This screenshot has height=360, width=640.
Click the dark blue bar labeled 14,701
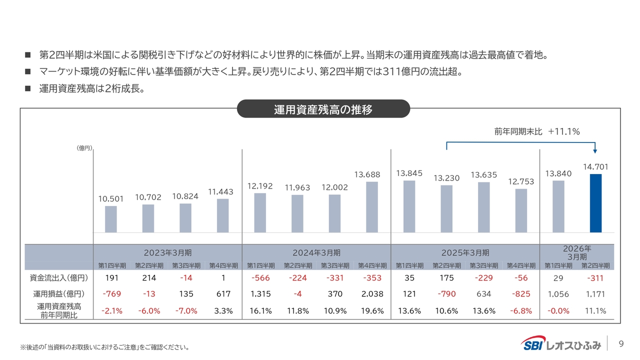[595, 203]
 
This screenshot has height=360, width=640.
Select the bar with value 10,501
[111, 219]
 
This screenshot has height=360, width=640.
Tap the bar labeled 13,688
[371, 207]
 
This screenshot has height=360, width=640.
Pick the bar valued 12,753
[521, 210]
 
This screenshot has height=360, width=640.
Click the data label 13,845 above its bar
[409, 173]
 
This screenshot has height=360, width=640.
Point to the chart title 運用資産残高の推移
[323, 109]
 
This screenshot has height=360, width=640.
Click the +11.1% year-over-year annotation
[563, 131]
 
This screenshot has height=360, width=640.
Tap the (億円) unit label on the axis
[83, 148]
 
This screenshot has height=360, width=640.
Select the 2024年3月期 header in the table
[316, 252]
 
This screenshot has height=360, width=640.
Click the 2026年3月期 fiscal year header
[576, 252]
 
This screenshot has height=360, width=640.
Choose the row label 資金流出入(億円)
[59, 278]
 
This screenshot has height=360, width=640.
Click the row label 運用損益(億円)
[59, 294]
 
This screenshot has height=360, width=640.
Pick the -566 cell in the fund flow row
[260, 278]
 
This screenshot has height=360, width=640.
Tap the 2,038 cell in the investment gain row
[372, 294]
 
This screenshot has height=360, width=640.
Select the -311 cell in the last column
[595, 278]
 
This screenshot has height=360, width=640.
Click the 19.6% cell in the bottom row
[372, 310]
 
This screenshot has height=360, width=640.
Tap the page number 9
[621, 343]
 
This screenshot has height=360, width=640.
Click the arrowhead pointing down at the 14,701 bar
[595, 151]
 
